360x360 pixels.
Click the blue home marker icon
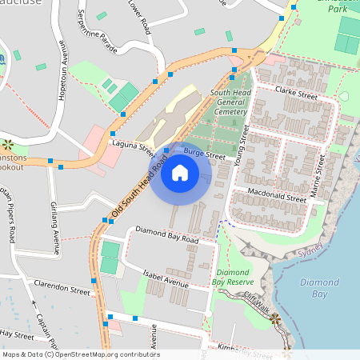click(180, 173)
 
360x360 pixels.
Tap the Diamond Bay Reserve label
click(234, 277)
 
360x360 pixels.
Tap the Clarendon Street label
click(58, 287)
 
